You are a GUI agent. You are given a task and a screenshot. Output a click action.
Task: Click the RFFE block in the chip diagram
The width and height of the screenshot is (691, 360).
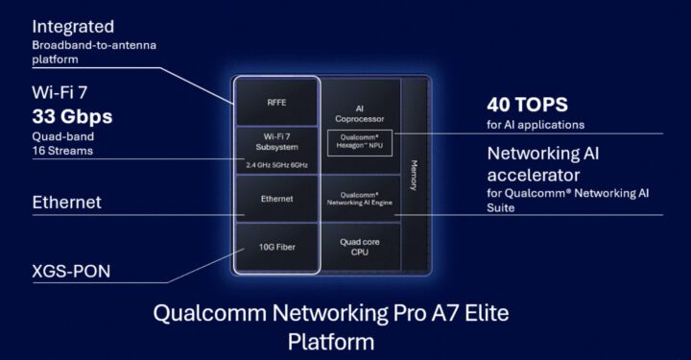click(x=275, y=100)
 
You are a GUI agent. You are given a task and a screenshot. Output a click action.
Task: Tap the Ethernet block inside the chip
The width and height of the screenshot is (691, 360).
click(x=275, y=199)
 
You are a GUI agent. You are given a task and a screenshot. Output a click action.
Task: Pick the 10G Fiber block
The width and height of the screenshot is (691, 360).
click(x=275, y=247)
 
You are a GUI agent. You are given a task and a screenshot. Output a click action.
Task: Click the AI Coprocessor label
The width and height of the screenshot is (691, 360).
click(x=359, y=111)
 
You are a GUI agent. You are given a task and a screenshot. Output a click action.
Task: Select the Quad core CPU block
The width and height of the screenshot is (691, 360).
click(x=359, y=247)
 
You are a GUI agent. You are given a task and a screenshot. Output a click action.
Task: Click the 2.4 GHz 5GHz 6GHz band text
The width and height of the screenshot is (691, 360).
click(x=275, y=165)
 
